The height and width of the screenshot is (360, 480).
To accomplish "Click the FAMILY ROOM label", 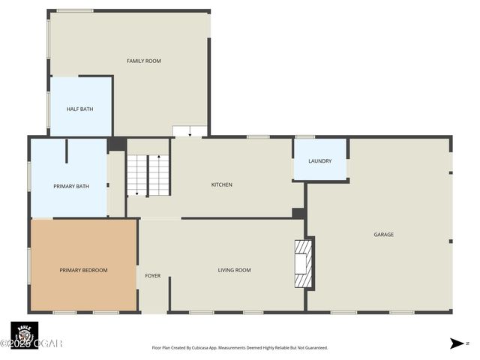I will click(143, 61).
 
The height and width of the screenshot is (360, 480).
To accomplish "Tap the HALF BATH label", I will click(80, 109).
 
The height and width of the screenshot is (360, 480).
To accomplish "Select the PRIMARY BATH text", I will click(70, 186).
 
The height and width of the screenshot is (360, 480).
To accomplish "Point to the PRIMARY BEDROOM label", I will click(83, 270).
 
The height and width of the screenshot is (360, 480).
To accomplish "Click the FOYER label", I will click(152, 276).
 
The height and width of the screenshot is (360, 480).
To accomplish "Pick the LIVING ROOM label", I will click(234, 270).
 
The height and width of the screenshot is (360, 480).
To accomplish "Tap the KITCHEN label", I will click(221, 184).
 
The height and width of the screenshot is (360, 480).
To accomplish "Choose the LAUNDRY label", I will click(319, 160).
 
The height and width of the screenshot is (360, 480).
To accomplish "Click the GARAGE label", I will click(383, 235).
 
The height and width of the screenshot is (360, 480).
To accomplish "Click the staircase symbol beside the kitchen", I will click(148, 175).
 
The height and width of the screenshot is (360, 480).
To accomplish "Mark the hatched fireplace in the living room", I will click(302, 263).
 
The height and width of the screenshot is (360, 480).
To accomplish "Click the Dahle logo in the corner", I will click(24, 334).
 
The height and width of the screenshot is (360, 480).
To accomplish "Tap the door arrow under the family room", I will click(190, 133).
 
